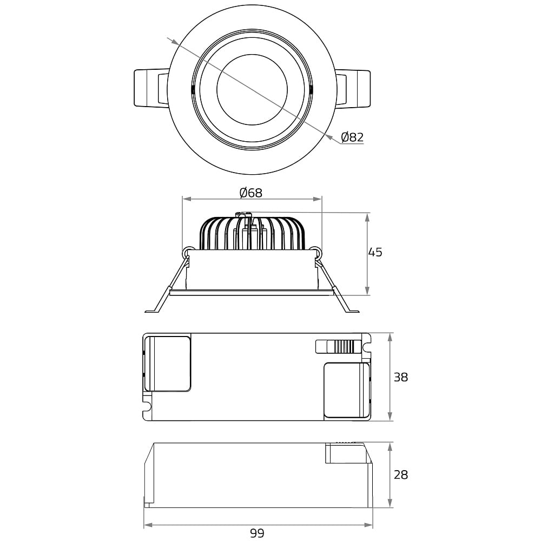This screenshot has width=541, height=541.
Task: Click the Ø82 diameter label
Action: click(352, 137)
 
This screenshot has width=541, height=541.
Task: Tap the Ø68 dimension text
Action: click(251, 193)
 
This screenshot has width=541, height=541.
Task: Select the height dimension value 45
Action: click(375, 252)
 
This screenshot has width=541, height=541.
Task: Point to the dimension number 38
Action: click(401, 377)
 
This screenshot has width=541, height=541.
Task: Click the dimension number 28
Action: click(401, 475)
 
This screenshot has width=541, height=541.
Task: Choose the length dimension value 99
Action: click(257, 533)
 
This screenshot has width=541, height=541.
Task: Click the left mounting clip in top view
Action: click(151, 89)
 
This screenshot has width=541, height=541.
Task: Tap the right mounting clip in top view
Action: click(353, 89)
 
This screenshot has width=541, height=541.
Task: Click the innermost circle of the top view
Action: click(252, 54)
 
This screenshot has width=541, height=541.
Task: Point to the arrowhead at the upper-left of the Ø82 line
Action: click(175, 42)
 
